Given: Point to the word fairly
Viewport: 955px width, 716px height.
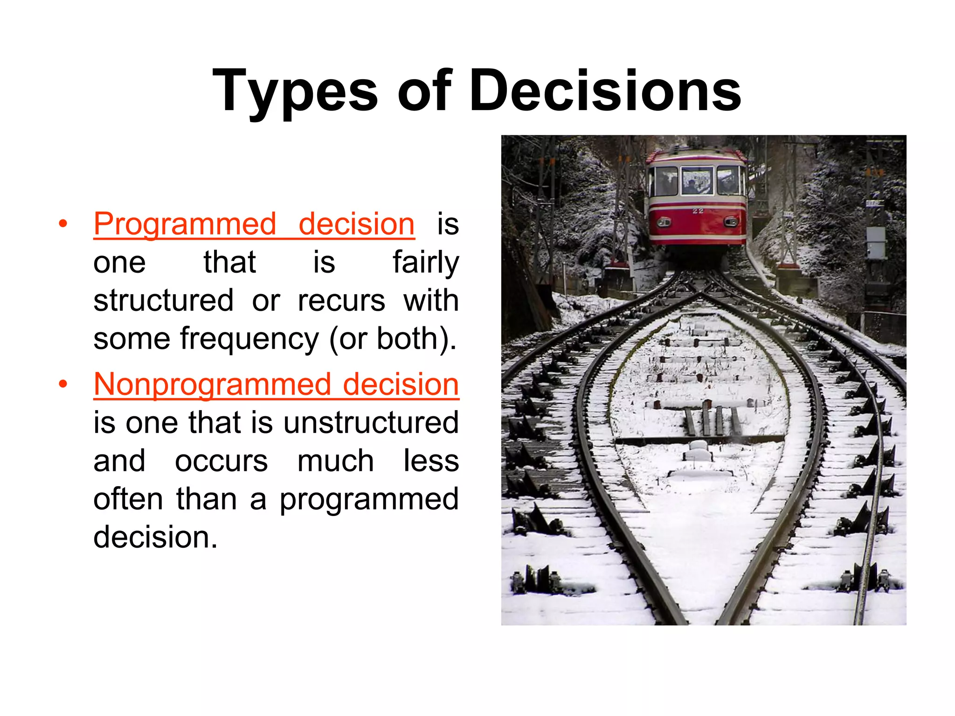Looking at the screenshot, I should [425, 263].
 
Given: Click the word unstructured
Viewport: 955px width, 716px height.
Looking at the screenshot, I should [371, 422].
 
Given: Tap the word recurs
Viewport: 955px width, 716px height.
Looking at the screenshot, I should [341, 301].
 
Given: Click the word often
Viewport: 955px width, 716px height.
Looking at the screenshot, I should [128, 499].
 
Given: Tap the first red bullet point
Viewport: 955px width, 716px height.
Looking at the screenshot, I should [63, 224].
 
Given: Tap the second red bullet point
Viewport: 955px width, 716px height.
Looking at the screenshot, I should [63, 385].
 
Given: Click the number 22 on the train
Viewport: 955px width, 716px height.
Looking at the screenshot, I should [698, 211].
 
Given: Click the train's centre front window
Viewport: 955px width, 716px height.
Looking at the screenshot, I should [697, 180].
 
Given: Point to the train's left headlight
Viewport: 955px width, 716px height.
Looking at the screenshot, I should [664, 222].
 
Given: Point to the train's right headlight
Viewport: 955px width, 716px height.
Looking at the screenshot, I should [731, 222].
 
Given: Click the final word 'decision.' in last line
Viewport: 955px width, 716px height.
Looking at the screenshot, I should [155, 537].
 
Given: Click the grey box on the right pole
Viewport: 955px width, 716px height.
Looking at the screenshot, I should [876, 242].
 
